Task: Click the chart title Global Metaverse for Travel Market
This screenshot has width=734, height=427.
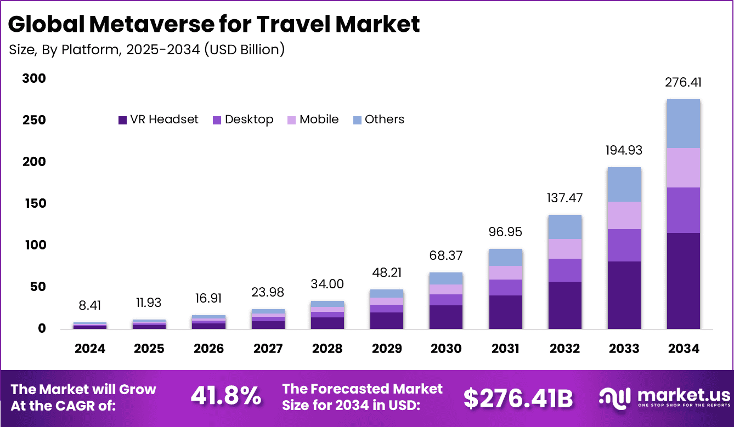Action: [x=214, y=25]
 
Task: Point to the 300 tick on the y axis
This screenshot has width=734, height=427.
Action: [x=34, y=79]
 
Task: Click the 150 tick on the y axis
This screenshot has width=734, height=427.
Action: [x=34, y=204]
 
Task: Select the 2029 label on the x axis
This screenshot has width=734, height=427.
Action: [x=386, y=349]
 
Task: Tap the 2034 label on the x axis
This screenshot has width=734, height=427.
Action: [x=683, y=349]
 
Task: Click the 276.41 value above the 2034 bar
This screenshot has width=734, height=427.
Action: [x=683, y=83]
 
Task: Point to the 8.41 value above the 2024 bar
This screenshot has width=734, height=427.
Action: [x=90, y=306]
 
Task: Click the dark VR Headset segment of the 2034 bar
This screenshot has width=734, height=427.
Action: [x=683, y=281]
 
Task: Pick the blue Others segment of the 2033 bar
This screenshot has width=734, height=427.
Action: [x=624, y=184]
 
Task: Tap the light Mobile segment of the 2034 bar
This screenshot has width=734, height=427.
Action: [x=683, y=168]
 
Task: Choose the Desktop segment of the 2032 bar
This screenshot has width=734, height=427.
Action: [x=564, y=270]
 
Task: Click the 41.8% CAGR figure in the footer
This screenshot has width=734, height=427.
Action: [x=225, y=396]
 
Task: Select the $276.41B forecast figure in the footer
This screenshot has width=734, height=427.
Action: [x=518, y=398]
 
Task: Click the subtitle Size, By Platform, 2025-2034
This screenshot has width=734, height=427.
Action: [x=147, y=49]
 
